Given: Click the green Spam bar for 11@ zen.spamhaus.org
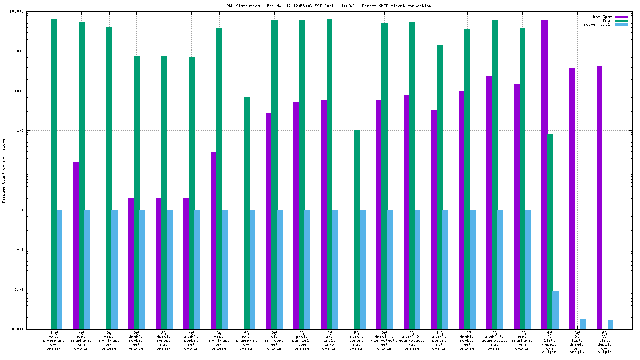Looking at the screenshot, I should [x=54, y=174].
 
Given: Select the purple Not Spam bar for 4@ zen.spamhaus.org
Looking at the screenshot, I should [x=76, y=245].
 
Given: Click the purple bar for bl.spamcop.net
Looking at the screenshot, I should [x=269, y=221].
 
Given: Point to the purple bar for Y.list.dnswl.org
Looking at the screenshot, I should [x=600, y=198].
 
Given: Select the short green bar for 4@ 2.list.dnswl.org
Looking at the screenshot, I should [x=550, y=231].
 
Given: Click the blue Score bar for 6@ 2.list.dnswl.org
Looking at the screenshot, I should [x=583, y=324].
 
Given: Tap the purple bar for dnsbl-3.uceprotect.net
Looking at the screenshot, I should [x=489, y=202].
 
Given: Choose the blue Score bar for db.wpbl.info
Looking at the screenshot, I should [x=335, y=270].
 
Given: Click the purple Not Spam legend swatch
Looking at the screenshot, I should [x=621, y=17].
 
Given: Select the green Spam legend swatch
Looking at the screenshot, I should [x=621, y=20].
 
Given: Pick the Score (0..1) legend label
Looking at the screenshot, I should [x=598, y=24].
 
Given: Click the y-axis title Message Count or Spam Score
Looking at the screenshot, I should [x=4, y=170].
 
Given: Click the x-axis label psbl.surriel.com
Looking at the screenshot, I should [x=301, y=341].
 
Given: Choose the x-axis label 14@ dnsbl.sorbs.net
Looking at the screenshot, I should [x=439, y=341].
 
